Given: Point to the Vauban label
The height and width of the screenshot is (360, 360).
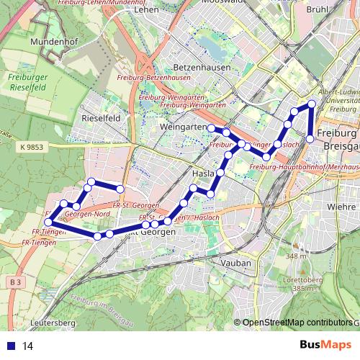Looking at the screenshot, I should [238, 263].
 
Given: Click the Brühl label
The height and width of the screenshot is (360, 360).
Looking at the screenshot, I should [337, 11].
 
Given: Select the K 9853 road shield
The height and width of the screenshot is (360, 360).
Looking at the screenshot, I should [32, 147].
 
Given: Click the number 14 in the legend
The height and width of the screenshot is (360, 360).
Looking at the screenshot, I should [28, 346].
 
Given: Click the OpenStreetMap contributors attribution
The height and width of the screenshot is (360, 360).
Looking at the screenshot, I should [297, 323].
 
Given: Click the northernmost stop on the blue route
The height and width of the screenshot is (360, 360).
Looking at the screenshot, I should [312, 104].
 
